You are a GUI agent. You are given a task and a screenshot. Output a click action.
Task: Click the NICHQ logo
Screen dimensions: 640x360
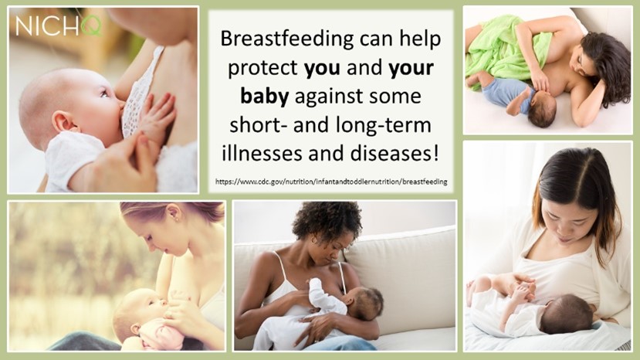(59, 26)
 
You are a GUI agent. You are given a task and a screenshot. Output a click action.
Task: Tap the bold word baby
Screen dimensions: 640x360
(265, 97)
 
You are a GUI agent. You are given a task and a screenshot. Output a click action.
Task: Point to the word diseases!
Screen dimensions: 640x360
(394, 154)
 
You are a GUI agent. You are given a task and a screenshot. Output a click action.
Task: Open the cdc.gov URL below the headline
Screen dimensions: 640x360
(331, 182)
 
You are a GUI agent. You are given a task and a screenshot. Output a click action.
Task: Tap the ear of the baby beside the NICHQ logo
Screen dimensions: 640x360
(62, 122)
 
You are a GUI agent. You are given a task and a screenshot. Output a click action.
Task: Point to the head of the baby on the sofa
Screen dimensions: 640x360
(364, 303)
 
